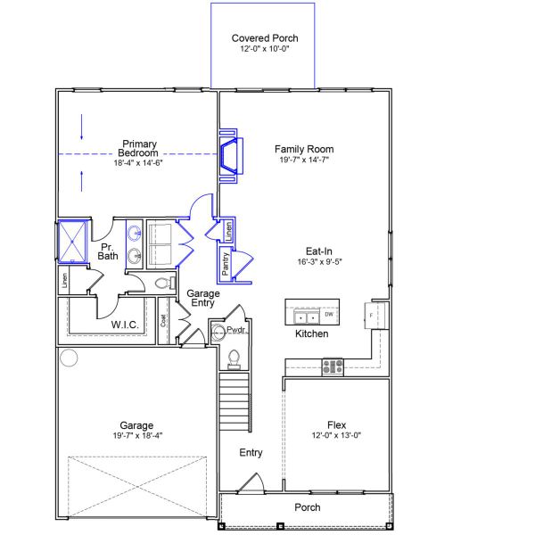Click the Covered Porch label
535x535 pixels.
pos(265,38)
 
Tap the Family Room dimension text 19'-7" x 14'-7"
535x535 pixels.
pos(303,160)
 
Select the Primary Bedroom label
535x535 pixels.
pos(139,148)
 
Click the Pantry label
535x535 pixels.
pos(226,264)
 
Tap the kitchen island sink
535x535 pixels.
pos(308,316)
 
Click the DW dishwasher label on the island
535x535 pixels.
pos(329,315)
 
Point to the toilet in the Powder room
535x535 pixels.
pos(235,358)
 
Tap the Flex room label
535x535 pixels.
pos(336,425)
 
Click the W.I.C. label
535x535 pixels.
pos(124,325)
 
